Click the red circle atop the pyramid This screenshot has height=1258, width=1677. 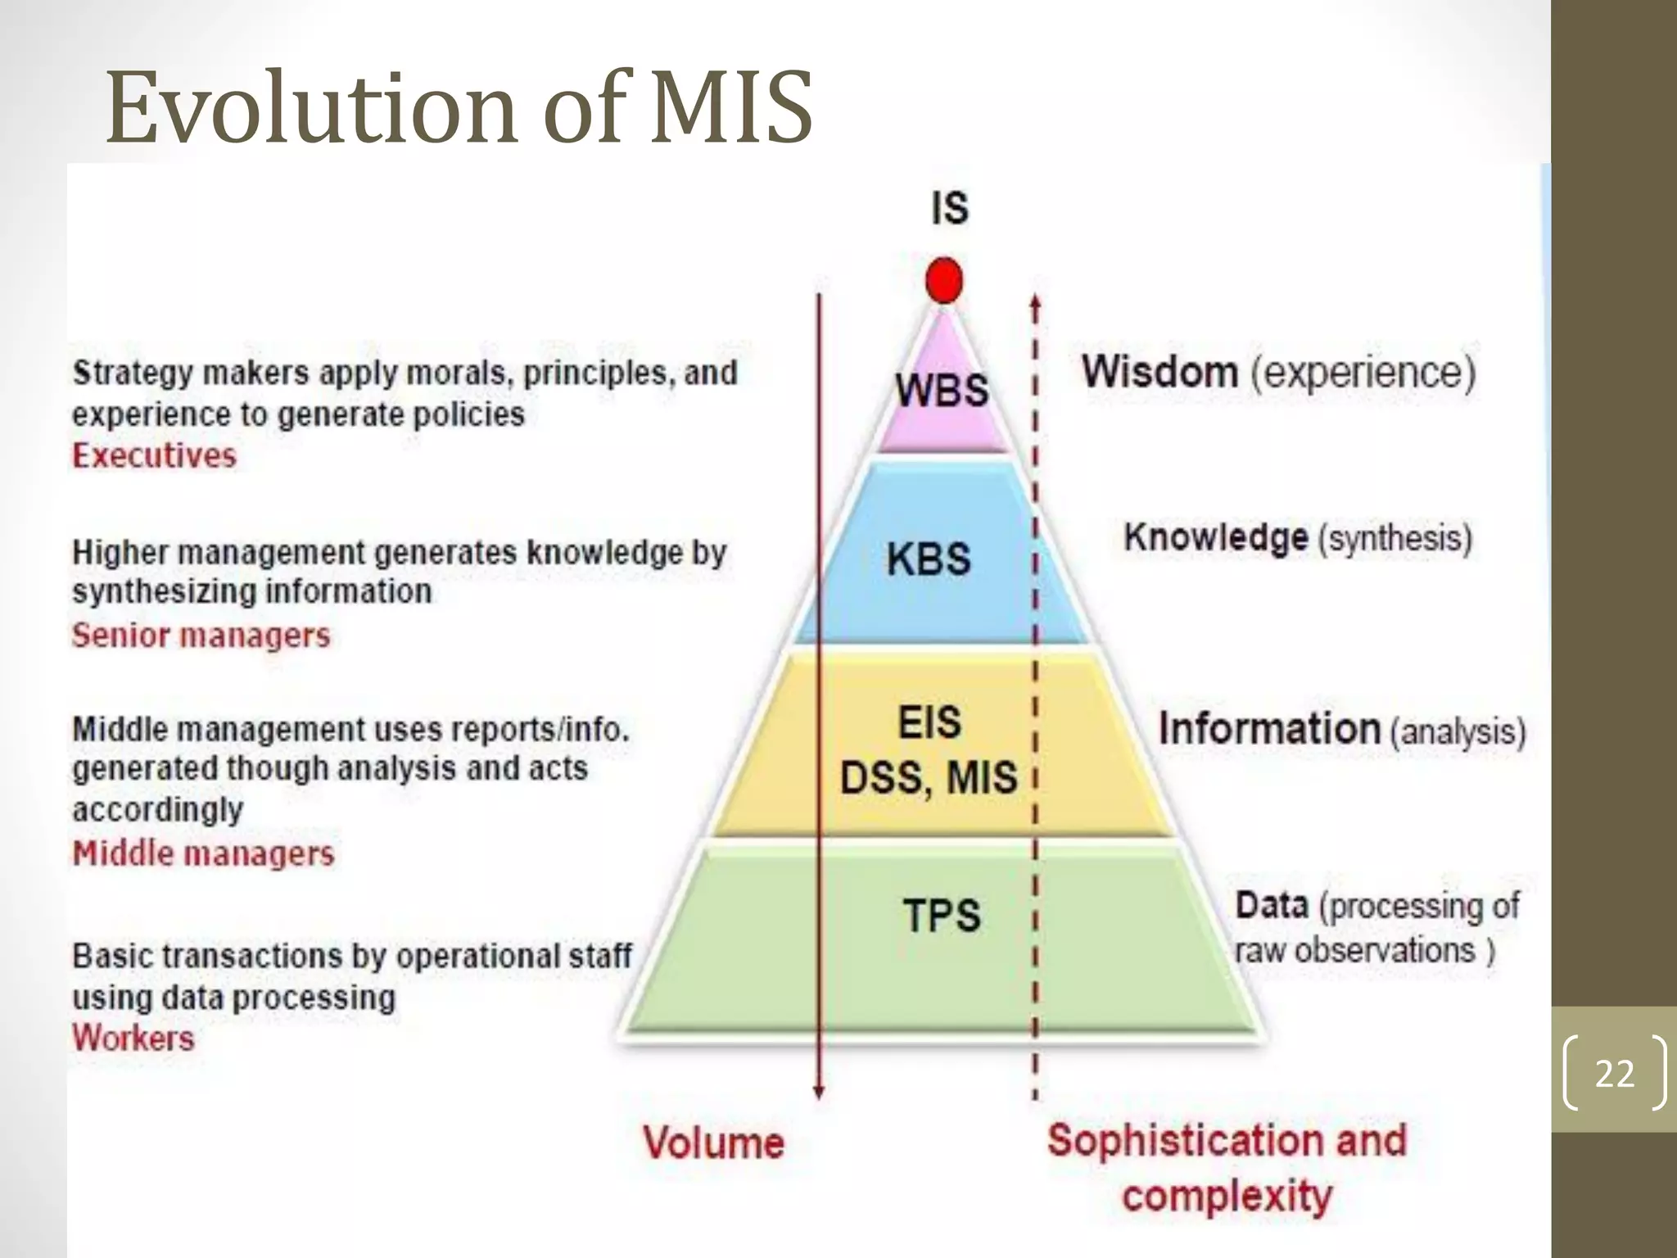pos(943,280)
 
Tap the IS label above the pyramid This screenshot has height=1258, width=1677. pos(950,208)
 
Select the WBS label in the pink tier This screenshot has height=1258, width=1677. pos(942,390)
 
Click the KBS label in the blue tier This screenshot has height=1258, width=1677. pos(929,560)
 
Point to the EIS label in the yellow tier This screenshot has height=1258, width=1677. pos(929,722)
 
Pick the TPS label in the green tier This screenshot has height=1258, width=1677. pos(942,915)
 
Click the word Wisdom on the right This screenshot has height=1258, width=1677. pos(1159,372)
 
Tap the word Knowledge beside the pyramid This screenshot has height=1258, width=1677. pos(1215,538)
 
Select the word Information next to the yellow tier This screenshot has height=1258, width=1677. pos(1269,729)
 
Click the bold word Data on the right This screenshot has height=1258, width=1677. pos(1272,906)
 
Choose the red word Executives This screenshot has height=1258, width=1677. pos(154,455)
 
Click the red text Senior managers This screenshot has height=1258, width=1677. pos(201,636)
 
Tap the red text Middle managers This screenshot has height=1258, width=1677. pos(203,853)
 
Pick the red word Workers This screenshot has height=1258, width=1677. pos(133,1039)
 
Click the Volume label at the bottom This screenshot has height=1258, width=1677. pos(713,1143)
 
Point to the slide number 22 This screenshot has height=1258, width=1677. pos(1614,1073)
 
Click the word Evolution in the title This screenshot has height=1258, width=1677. pos(311,108)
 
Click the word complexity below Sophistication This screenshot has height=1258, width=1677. pos(1227,1196)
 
